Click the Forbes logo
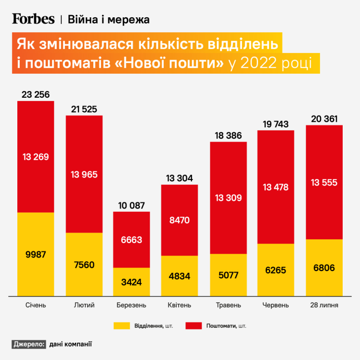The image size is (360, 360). click(x=33, y=19)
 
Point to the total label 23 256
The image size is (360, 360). click(x=36, y=95)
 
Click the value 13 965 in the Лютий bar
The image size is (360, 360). click(x=84, y=174)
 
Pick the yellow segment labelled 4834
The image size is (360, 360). click(x=180, y=276)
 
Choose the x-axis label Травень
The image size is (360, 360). click(x=228, y=305)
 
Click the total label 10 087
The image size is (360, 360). click(x=131, y=206)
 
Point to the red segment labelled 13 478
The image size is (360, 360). click(x=276, y=187)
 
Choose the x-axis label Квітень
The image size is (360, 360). click(x=180, y=305)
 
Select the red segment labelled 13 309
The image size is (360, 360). click(x=228, y=198)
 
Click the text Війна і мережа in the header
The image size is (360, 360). click(x=109, y=19)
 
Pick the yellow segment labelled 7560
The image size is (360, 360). click(x=84, y=264)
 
